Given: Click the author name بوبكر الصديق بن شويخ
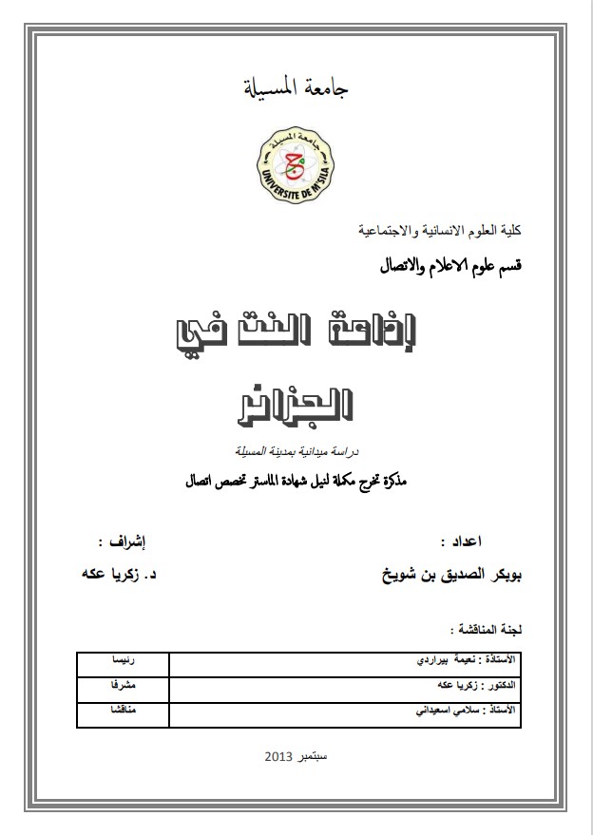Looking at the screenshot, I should tap(448, 577).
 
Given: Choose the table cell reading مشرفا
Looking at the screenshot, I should tap(121, 684).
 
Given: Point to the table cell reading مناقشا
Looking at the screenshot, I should tap(121, 710).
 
